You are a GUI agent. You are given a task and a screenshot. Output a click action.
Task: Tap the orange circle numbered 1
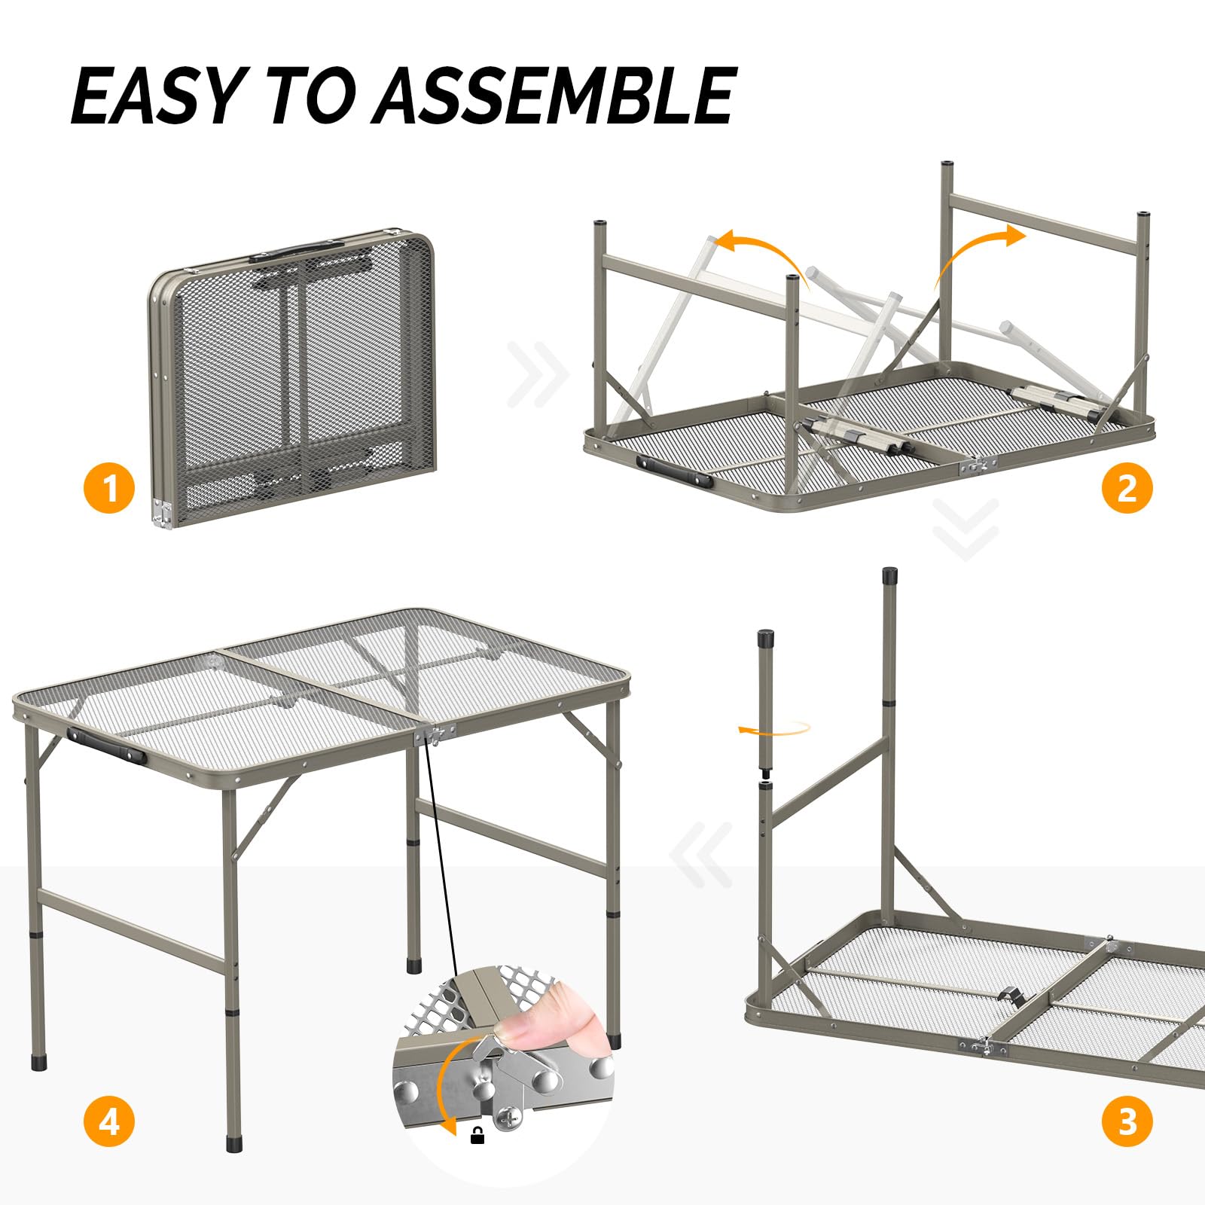109,488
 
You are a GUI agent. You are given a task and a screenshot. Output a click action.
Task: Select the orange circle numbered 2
1127,488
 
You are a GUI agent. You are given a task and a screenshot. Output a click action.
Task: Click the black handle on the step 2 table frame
674,472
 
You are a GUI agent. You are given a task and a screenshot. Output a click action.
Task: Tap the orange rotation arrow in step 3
776,728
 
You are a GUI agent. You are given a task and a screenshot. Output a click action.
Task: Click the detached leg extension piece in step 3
766,700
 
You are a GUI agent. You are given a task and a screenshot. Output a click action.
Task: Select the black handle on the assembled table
106,746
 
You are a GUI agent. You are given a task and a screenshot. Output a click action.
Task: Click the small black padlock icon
477,1135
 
